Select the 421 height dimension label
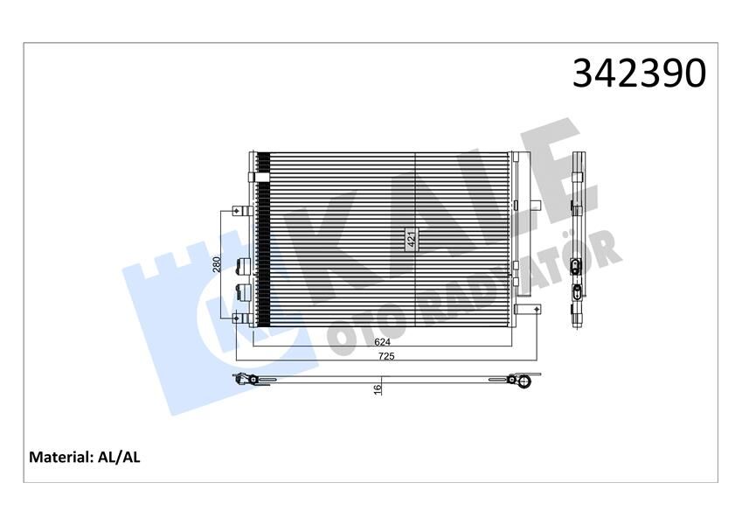(x=411, y=239)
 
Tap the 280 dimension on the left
(x=218, y=264)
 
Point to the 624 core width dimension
(x=381, y=344)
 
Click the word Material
(x=60, y=457)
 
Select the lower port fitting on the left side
(x=244, y=290)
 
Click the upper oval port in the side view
(x=577, y=266)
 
